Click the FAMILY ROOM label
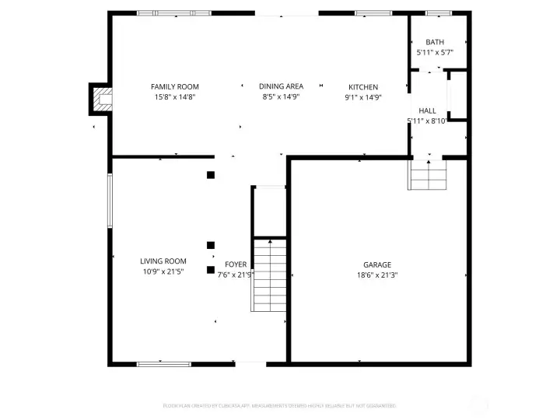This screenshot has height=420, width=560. (175, 86)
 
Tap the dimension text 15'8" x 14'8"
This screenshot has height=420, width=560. (175, 96)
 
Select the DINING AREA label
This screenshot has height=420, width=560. (281, 86)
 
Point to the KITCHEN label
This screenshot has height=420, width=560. (362, 86)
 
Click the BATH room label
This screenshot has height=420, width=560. (434, 42)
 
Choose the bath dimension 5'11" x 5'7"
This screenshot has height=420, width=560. (434, 52)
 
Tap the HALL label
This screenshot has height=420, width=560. (427, 111)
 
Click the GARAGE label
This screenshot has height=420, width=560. (376, 264)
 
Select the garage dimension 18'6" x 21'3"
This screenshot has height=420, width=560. (376, 275)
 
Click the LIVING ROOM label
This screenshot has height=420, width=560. (163, 261)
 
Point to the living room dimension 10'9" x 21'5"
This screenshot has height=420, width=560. (163, 271)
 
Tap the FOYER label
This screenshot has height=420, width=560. (236, 264)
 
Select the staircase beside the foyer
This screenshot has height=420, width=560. (270, 274)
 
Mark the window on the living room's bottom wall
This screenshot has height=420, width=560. (163, 363)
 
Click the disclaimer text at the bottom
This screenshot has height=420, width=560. (280, 405)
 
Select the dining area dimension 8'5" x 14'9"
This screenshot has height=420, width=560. (281, 96)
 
